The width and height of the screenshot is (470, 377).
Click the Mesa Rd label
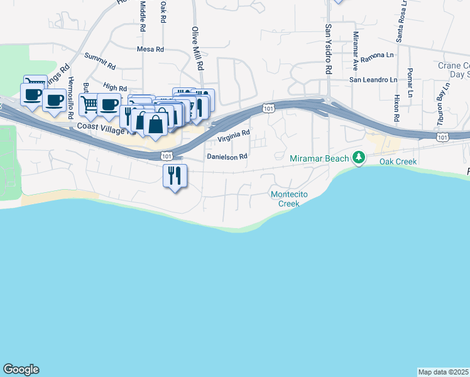coord(150,49)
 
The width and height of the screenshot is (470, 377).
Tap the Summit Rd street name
coord(100,61)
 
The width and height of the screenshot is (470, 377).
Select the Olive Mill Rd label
coord(198,48)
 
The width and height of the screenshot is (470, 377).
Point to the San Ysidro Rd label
coord(328,49)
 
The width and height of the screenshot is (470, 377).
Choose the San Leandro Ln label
coord(374,80)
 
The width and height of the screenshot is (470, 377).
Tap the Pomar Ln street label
coord(410,82)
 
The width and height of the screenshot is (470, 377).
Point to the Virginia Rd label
coord(234,136)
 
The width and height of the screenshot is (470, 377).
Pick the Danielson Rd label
coord(227,156)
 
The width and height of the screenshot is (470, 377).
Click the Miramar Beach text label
coord(319,159)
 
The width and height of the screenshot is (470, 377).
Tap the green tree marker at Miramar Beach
coord(359,157)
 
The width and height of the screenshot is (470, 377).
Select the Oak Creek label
coord(398,161)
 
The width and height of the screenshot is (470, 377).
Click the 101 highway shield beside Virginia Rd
coord(268,109)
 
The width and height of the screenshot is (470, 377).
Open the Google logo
coord(21,369)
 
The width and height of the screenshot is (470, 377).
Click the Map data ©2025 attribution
coord(443,372)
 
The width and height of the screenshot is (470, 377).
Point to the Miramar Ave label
coord(355,50)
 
